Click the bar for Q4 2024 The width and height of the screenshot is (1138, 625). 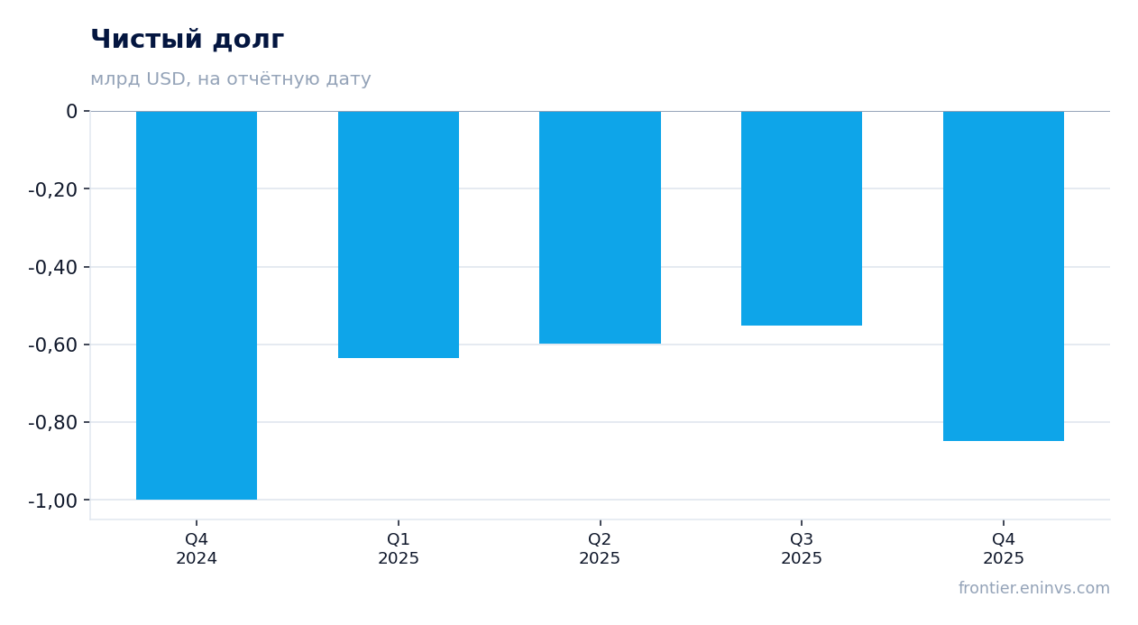click(197, 306)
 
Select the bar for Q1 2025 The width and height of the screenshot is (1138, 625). click(399, 234)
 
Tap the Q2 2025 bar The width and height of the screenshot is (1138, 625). click(600, 227)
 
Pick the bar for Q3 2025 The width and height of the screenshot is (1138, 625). click(802, 218)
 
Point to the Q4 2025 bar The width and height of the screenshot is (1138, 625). click(1004, 276)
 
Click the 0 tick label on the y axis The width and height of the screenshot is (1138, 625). click(71, 111)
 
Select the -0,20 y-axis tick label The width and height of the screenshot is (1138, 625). click(53, 189)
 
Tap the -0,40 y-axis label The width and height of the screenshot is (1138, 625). click(53, 267)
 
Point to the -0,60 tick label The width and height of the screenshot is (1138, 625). click(53, 345)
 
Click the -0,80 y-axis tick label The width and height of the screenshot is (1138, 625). click(53, 423)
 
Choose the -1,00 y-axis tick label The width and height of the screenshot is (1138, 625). click(53, 501)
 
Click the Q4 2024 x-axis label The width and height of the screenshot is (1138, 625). click(197, 548)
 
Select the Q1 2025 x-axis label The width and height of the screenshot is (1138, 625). click(399, 548)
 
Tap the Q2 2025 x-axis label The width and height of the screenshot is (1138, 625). click(600, 548)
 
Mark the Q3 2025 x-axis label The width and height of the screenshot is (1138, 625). click(802, 548)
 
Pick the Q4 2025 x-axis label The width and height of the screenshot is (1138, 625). click(1004, 548)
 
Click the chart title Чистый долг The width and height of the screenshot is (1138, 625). click(187, 39)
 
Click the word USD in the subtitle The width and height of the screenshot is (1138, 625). click(166, 78)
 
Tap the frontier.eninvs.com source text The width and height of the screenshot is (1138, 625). click(1034, 588)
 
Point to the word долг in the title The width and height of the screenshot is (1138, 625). click(248, 41)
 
